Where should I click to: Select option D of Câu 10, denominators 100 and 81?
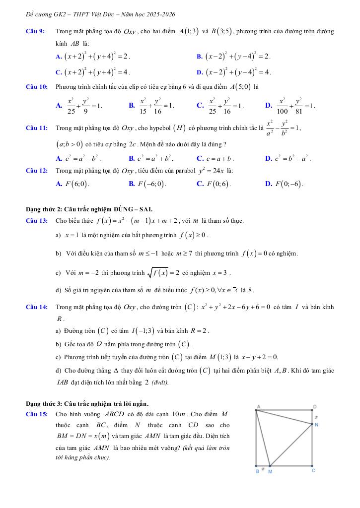tap(290, 105)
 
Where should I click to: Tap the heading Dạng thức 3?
tap(87, 403)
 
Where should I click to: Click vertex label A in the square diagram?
tap(258, 406)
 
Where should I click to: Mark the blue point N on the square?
tap(312, 424)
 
